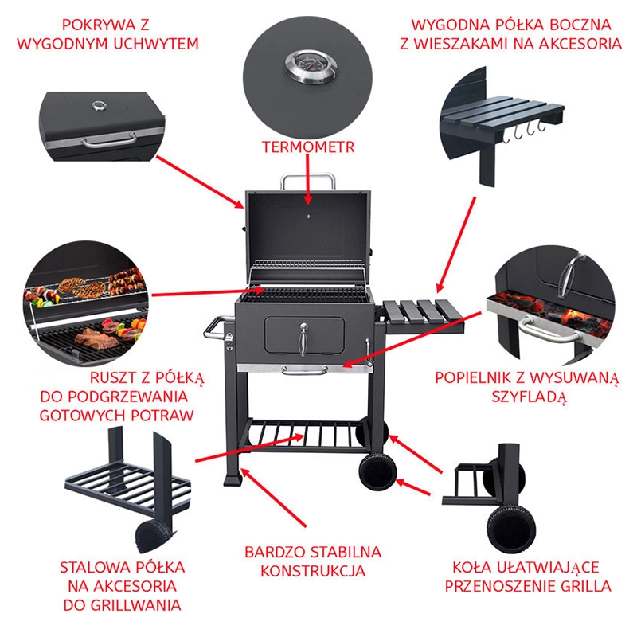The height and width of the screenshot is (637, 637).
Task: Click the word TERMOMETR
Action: (x=308, y=147)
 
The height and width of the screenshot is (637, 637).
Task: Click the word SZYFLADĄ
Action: (x=529, y=397)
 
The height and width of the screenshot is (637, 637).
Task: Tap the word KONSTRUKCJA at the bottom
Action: (x=313, y=571)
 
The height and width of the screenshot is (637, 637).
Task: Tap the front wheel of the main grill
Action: (x=377, y=471)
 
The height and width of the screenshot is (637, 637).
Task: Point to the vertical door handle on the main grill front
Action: (x=303, y=338)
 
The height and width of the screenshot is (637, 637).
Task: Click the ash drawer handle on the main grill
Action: (x=304, y=370)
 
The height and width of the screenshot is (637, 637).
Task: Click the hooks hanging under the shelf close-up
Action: (x=524, y=131)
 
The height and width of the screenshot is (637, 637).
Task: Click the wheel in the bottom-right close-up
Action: (x=511, y=528)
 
